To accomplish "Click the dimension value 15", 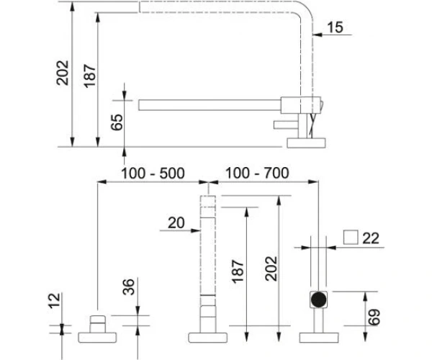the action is click(x=335, y=27).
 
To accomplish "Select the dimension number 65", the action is click(x=117, y=122).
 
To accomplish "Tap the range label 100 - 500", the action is click(x=153, y=174).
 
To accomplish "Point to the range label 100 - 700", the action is click(x=257, y=174).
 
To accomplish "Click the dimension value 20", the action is click(x=176, y=222).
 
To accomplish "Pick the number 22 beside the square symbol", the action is click(x=371, y=238).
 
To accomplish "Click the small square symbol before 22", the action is click(x=351, y=238).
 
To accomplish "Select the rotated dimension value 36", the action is click(x=129, y=287).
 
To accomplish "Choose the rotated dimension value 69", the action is click(x=374, y=317).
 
